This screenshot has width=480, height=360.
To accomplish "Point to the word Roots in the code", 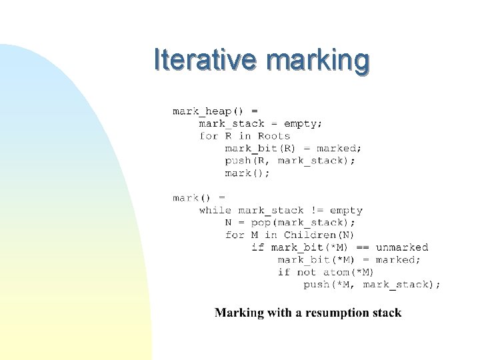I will (274, 136).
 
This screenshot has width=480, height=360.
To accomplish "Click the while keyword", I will (215, 210).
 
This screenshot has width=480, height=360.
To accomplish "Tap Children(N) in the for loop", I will (319, 235).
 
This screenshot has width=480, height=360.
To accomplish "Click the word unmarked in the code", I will (401, 247).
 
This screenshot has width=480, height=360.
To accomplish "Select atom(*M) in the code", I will (349, 272).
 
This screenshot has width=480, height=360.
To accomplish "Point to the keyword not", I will (307, 272).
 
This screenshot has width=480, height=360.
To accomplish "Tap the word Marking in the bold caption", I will (239, 313).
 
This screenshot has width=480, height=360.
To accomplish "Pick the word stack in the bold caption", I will (388, 313).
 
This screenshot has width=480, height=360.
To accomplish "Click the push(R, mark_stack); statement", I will (290, 161).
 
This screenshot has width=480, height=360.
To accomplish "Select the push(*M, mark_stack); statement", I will (372, 285).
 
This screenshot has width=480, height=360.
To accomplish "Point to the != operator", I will (316, 210).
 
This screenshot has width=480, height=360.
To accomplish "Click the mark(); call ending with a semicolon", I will (247, 173).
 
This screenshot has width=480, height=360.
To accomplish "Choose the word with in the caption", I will (279, 313).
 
